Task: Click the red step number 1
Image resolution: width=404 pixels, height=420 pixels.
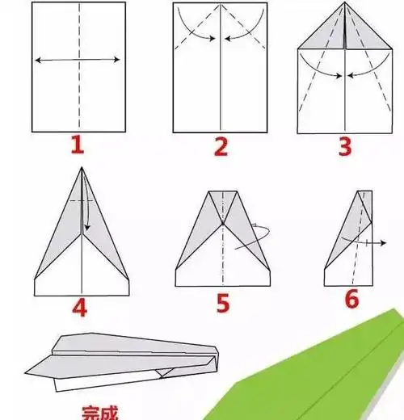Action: click(x=78, y=146)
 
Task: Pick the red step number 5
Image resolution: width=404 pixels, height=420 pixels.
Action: click(x=224, y=304)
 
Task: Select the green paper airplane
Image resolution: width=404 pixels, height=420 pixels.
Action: click(x=323, y=372)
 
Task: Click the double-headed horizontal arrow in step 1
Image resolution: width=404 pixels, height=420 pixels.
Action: click(x=78, y=60)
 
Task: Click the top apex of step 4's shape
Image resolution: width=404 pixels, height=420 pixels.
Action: click(x=82, y=168)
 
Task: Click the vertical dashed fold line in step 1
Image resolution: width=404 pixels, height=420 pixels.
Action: click(x=78, y=97)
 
